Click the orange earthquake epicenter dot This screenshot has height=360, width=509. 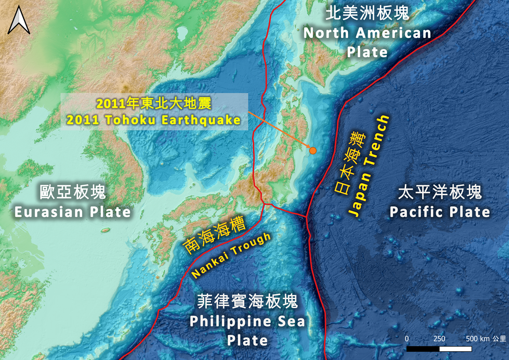tap(312, 151)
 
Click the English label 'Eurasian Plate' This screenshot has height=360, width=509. tap(73, 212)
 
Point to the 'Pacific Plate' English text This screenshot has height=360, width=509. tap(440, 212)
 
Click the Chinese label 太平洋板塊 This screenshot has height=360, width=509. tap(440, 193)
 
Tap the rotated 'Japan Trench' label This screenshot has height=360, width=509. tap(369, 166)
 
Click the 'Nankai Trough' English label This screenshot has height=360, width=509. tap(231, 256)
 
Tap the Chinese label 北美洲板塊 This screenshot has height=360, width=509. tap(367, 14)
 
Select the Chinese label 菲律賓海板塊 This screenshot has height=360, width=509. tap(247, 301)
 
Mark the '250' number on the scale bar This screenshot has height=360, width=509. tap(439, 339)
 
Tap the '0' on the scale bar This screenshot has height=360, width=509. tap(407, 339)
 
